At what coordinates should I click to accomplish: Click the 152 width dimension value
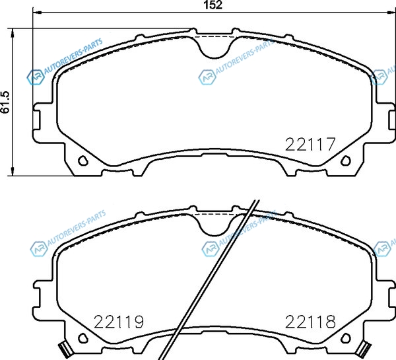(x=213, y=5)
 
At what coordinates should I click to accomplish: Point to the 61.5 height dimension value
(x=5, y=102)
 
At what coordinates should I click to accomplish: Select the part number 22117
(x=310, y=144)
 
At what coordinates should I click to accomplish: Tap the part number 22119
(x=118, y=322)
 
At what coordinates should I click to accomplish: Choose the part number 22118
(x=310, y=322)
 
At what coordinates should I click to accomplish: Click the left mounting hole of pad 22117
(x=82, y=161)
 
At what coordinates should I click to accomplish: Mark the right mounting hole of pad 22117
(x=346, y=161)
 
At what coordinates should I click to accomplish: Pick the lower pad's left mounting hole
(x=82, y=338)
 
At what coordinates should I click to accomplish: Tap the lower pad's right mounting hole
(x=346, y=338)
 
